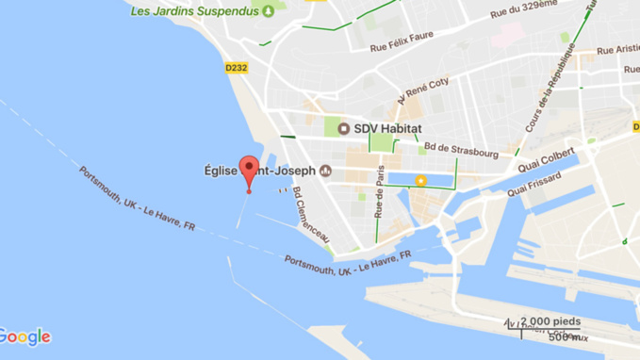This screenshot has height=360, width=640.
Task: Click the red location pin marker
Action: (249, 172)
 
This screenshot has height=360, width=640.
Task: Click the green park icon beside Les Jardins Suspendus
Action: (269, 11)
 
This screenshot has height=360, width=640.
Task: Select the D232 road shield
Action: (237, 68)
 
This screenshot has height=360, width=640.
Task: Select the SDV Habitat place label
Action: (387, 128)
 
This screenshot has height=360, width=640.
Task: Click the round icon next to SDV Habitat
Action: (344, 128)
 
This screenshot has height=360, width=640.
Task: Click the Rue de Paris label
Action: (380, 191)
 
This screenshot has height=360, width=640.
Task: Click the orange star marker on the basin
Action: (421, 180)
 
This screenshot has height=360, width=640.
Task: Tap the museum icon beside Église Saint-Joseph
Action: (326, 171)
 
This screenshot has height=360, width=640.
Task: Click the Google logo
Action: (25, 336)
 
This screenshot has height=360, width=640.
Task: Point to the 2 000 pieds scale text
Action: (550, 321)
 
